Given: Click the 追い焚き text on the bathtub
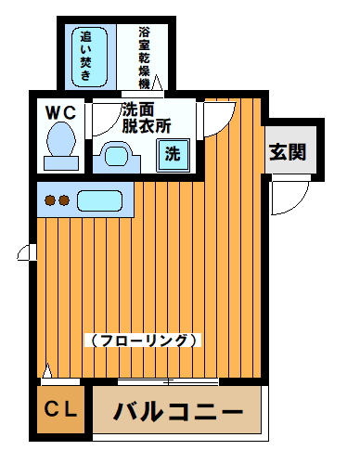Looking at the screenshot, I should click(x=87, y=54).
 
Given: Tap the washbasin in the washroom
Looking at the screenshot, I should click(x=118, y=154).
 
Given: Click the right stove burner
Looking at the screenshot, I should click(x=65, y=199).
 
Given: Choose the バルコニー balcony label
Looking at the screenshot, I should click(x=177, y=412).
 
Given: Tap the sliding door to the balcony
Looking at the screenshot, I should click(x=167, y=381).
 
